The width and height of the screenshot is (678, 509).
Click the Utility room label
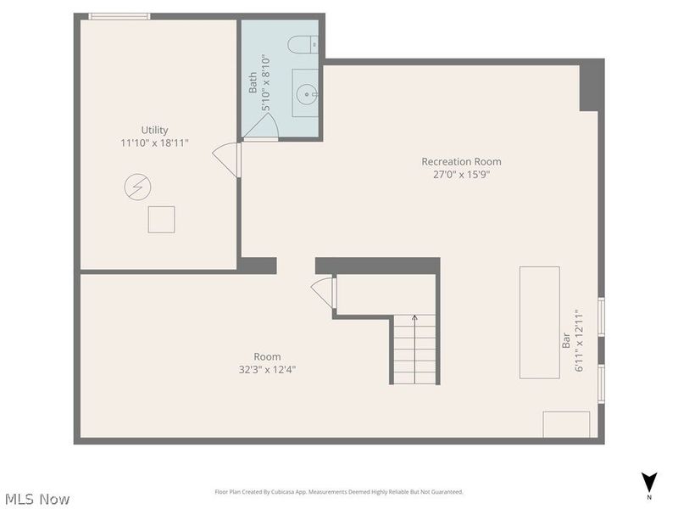(x=154, y=130)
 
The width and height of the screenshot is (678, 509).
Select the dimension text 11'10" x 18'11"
(x=154, y=143)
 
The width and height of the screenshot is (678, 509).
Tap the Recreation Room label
(x=461, y=161)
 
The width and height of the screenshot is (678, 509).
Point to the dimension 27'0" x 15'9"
(x=461, y=175)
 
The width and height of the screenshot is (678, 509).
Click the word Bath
(x=253, y=83)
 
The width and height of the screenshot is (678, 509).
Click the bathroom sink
(x=305, y=92)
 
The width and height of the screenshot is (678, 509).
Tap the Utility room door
(x=226, y=159)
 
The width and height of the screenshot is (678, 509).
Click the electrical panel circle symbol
(x=137, y=187)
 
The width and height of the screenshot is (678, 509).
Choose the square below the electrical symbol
(x=161, y=219)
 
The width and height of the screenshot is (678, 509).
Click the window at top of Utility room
(x=119, y=16)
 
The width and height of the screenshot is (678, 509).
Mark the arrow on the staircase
(x=414, y=320)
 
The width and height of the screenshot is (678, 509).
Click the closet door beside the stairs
(x=324, y=293)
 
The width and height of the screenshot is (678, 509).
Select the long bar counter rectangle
(x=539, y=322)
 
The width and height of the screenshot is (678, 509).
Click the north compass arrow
(x=649, y=481)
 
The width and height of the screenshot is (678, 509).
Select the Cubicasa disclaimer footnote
(x=339, y=492)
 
